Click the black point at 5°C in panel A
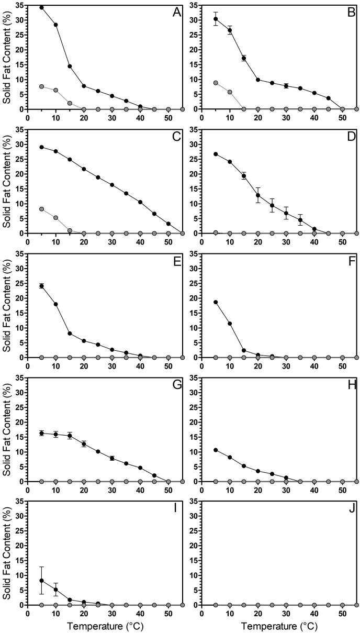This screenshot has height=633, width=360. coord(42,7)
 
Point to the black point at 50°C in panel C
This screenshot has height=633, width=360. coord(168,224)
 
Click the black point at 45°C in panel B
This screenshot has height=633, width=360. coord(328,98)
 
